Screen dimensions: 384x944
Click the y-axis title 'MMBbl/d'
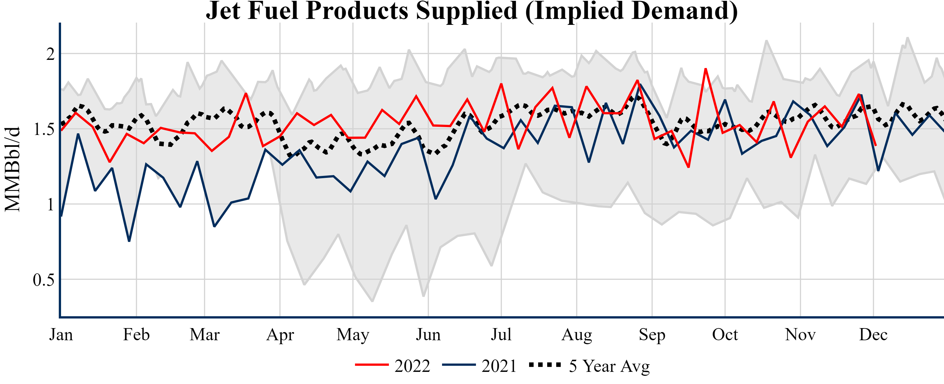[12, 169]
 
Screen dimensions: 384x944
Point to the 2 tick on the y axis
[51, 54]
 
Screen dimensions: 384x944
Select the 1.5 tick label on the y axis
[44, 129]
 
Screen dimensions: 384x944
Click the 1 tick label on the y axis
[51, 204]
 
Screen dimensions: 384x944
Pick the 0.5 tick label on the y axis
[44, 280]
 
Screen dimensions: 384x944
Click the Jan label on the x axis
[61, 335]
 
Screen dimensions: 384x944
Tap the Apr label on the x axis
[280, 335]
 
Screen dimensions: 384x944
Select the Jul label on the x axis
[501, 335]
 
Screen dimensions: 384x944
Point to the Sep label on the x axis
[652, 335]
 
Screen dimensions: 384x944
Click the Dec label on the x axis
[873, 335]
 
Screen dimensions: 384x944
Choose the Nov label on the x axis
[800, 335]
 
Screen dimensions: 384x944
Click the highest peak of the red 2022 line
[705, 68]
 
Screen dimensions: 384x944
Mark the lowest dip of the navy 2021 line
[129, 241]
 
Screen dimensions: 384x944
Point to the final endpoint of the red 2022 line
[876, 146]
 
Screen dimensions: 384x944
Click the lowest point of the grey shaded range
[372, 301]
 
